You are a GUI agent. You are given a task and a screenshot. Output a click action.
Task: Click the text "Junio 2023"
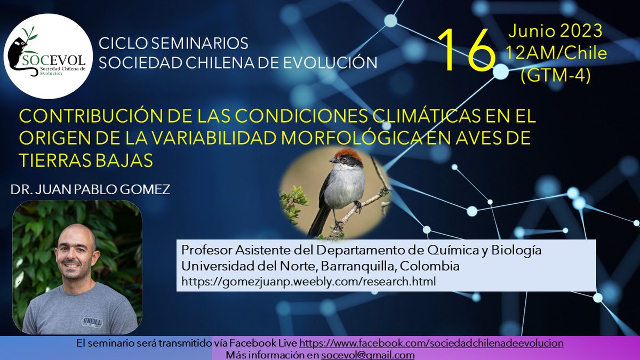(x=555, y=31)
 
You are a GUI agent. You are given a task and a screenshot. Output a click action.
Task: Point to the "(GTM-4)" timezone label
(x=555, y=76)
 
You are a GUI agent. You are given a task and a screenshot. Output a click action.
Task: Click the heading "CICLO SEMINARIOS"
(x=174, y=43)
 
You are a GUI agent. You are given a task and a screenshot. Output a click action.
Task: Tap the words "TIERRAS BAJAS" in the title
(x=86, y=159)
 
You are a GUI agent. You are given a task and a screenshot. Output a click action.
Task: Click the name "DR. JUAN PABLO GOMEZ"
(x=90, y=189)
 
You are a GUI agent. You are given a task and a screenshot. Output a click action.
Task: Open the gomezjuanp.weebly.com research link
(x=309, y=281)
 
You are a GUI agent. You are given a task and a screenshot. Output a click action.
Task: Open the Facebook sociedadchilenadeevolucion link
(x=431, y=343)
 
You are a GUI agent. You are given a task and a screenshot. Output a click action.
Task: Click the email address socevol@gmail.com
(x=367, y=355)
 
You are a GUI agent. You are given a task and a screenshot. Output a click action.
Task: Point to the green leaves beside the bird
(x=294, y=200)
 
